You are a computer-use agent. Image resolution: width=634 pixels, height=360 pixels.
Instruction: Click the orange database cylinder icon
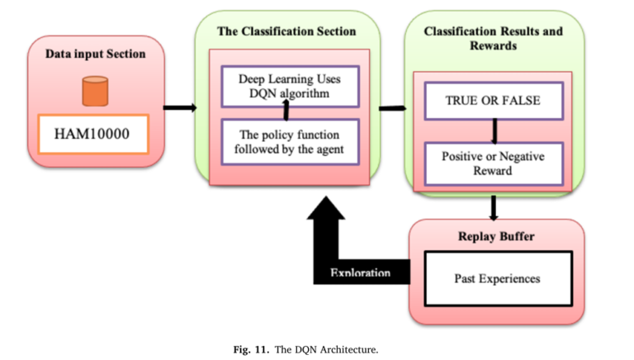point(95,91)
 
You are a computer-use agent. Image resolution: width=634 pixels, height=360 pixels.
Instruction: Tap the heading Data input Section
point(95,54)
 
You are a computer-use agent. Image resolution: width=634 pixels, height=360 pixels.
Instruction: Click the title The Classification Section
point(286,31)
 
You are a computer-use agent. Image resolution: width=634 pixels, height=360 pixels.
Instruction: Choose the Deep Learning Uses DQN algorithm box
point(290,87)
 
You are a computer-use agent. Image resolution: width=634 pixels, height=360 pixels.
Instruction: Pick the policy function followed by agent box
point(290,141)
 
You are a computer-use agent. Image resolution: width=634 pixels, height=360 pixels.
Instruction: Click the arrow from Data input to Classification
point(179,107)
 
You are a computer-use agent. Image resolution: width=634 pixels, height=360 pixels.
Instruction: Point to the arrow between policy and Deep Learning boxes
point(286,112)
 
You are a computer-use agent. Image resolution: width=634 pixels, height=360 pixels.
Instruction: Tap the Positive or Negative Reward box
point(493,163)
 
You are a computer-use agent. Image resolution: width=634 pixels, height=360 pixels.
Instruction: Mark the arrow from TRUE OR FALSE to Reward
point(494,131)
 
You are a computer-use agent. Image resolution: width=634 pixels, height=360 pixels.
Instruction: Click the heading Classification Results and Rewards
point(493,39)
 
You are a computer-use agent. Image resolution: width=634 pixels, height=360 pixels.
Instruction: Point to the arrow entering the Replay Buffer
point(494,207)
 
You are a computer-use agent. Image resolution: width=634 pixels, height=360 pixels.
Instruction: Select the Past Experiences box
point(497,278)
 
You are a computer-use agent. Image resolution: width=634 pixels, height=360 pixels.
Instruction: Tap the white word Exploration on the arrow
point(360,273)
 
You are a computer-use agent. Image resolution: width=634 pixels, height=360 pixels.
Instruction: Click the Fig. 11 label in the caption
point(250,349)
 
